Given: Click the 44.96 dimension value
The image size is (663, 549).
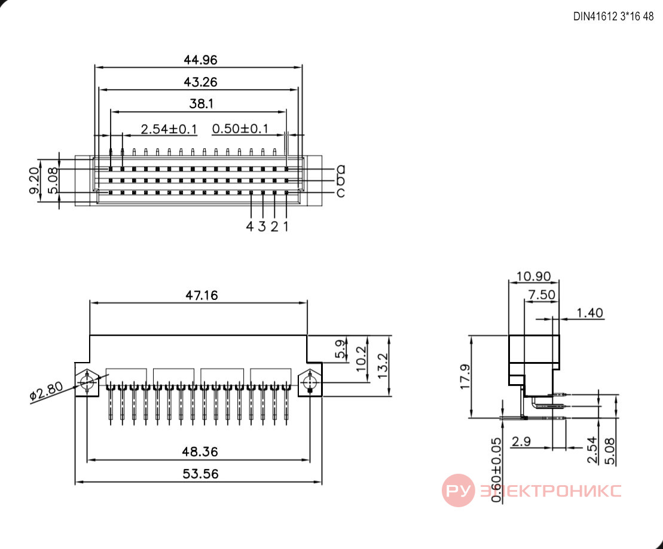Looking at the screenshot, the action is [x=200, y=60].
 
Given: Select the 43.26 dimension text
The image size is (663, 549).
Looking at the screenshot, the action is [x=200, y=82].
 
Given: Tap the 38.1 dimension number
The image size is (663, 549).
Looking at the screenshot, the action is [x=201, y=103].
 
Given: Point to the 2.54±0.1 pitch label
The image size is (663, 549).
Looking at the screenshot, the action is [x=169, y=129].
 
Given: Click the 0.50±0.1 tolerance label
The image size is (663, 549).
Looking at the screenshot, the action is [x=240, y=128].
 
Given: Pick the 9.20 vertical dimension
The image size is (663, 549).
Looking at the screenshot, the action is [x=34, y=180].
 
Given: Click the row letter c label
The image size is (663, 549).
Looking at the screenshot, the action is [x=341, y=193].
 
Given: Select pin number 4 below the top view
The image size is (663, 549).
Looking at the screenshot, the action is [x=250, y=226].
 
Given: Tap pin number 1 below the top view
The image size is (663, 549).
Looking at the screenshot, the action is [x=286, y=226].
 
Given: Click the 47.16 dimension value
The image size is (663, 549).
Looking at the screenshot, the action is [x=201, y=296].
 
